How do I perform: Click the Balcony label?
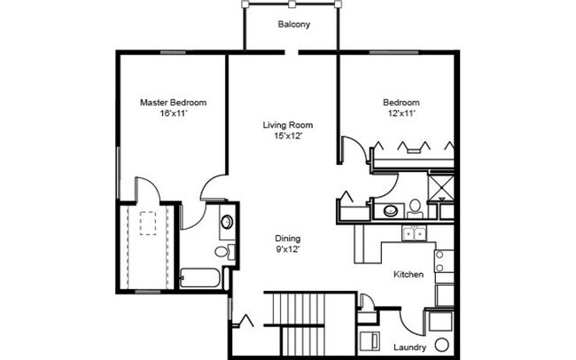click(x=293, y=25)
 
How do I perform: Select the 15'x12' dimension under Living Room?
click(x=288, y=136)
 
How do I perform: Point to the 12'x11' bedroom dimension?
click(x=401, y=113)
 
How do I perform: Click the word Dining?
click(x=287, y=239)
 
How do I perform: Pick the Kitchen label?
click(x=409, y=275)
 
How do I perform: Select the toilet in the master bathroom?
click(x=232, y=252)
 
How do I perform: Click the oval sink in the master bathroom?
click(x=227, y=222)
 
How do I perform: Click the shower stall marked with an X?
click(x=440, y=187)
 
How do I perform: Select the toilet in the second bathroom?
click(x=415, y=208)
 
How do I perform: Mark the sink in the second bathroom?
click(x=389, y=211)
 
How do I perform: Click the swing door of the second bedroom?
click(x=351, y=149)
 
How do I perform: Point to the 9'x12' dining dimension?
click(x=287, y=251)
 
